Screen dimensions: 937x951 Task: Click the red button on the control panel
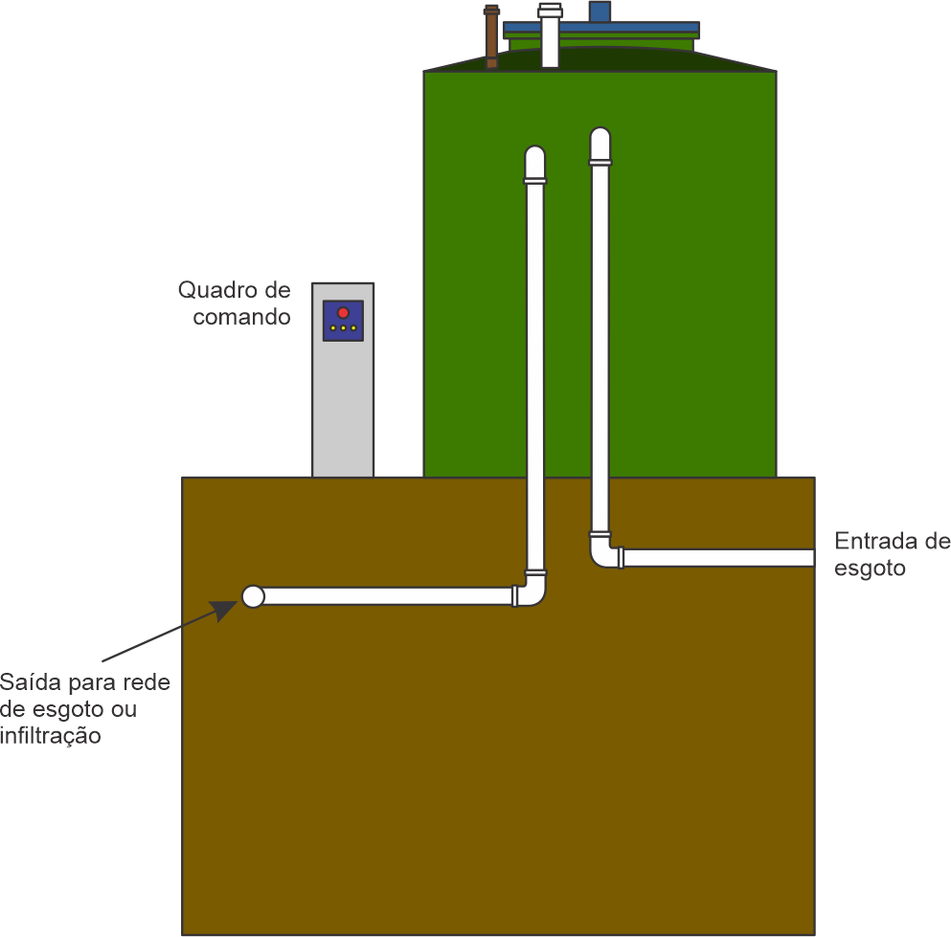click(343, 313)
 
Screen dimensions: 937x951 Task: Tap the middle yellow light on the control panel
click(343, 328)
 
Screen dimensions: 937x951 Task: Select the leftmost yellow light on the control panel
click(332, 328)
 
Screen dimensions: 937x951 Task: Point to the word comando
click(241, 317)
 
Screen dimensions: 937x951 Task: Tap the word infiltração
click(50, 736)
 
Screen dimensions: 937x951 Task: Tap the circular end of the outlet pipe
click(253, 596)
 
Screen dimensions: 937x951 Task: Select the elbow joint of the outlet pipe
click(532, 591)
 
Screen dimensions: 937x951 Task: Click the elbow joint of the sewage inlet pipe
click(604, 552)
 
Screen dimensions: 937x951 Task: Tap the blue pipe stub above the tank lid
click(600, 11)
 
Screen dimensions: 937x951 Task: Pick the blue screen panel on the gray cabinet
click(343, 321)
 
